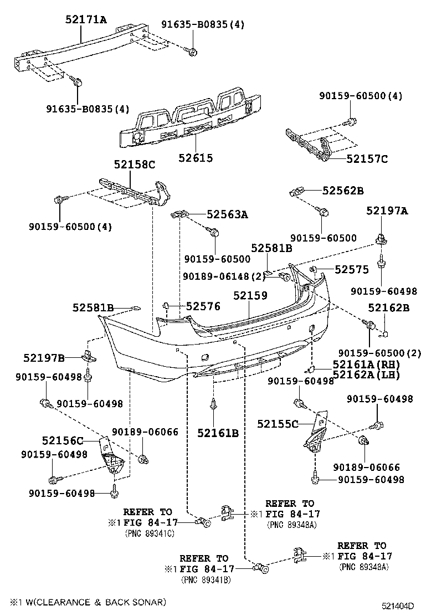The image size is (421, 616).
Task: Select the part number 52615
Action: click(x=195, y=158)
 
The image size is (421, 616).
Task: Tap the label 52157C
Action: click(x=367, y=159)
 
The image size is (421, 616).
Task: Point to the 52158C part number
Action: click(x=135, y=165)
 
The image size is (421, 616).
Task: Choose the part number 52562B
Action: click(x=343, y=191)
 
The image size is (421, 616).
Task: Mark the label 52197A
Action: click(x=387, y=211)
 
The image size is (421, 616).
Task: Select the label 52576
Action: click(x=203, y=306)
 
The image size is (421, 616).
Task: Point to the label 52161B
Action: click(x=218, y=433)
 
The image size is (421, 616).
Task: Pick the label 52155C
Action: click(x=278, y=424)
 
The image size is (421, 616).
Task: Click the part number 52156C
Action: click(x=62, y=441)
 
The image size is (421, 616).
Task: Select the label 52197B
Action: click(x=44, y=358)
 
